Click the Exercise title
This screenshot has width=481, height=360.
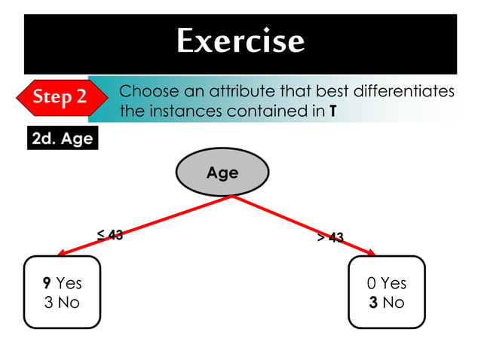coord(240,41)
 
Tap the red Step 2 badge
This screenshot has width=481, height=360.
coord(60,97)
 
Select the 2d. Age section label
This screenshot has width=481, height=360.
coord(62,139)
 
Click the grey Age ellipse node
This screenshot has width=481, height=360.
coord(222,172)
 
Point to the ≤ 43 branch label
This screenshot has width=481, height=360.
coord(110,235)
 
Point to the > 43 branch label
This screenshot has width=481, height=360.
coord(330,238)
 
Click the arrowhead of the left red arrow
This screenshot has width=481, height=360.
coord(62,253)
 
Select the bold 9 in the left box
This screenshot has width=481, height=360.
coord(47,283)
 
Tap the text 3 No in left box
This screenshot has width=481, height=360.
coord(62,303)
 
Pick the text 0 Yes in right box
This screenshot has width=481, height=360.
coord(387,283)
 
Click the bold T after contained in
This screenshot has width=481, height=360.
coord(332,112)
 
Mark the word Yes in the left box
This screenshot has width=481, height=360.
coord(69,283)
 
